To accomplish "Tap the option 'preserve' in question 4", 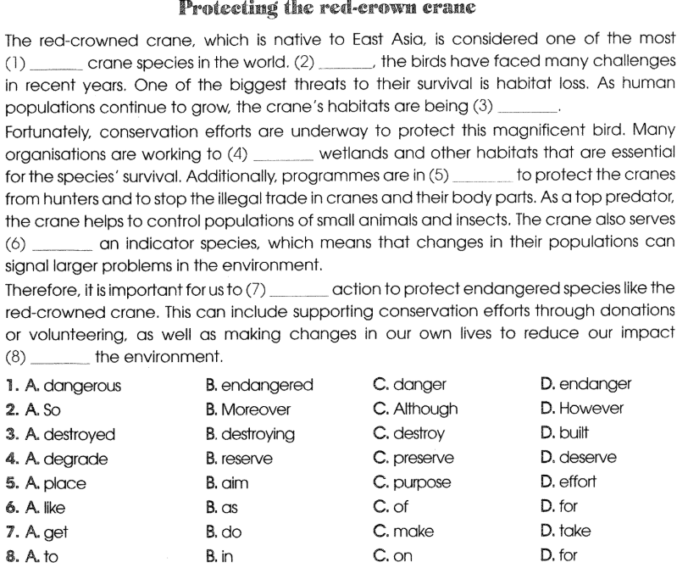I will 423,459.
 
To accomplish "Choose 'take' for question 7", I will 576,532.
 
